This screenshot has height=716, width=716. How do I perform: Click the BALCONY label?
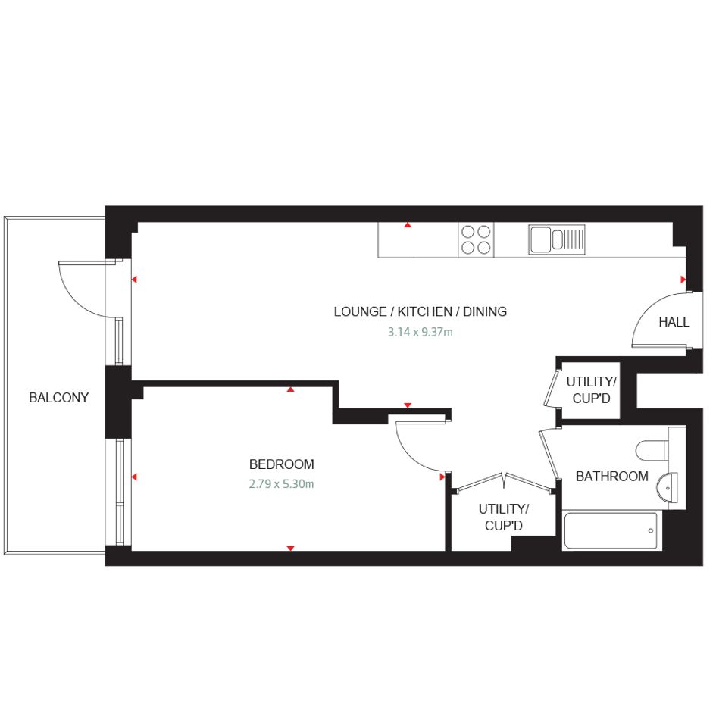pos(58,398)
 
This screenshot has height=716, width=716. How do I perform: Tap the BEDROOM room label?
pos(281,464)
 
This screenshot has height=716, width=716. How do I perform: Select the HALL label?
pos(674,322)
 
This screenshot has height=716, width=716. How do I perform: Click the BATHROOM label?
pos(612,477)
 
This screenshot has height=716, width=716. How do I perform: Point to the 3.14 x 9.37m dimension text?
pos(420,332)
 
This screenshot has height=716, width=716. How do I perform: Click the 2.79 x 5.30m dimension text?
pos(281,484)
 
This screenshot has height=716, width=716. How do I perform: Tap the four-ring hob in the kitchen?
pos(476,239)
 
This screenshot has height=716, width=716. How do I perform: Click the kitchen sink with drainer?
pos(557,239)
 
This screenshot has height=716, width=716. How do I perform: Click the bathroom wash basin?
pos(668,488)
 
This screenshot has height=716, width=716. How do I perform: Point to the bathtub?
pos(611,530)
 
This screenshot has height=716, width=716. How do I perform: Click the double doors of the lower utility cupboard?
pos(505,481)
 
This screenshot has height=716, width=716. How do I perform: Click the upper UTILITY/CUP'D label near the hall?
pos(591,390)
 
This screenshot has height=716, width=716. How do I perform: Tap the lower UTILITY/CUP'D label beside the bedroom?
pos(503,517)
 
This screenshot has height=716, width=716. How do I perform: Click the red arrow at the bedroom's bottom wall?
pos(290,548)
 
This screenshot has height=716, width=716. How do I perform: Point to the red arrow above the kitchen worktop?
pos(408,225)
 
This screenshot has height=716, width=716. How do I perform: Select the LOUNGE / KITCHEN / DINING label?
pos(420,312)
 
